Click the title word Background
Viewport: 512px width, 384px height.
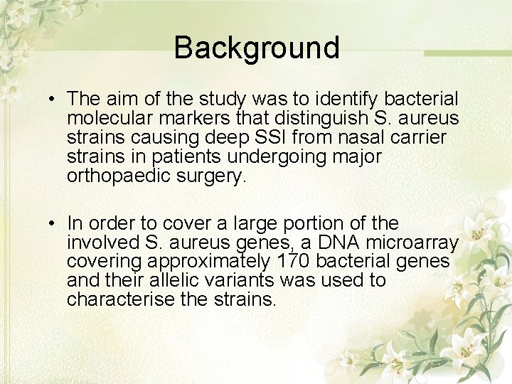coord(256,48)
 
